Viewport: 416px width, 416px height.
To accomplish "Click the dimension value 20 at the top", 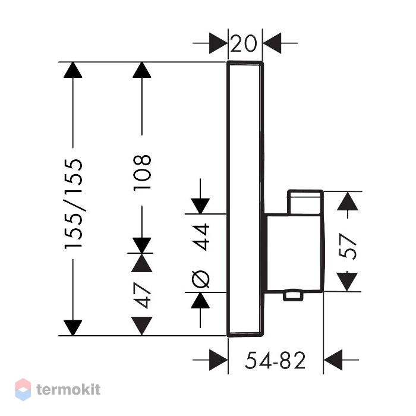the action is (244, 43).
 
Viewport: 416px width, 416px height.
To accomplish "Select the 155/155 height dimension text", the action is (73, 204).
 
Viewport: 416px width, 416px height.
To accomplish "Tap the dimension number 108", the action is (142, 173).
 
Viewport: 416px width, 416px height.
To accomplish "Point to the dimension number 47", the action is (142, 295).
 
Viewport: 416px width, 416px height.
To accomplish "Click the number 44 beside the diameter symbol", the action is (201, 237).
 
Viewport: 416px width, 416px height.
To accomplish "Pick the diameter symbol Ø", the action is (201, 279).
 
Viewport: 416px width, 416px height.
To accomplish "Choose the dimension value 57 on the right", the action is (348, 246).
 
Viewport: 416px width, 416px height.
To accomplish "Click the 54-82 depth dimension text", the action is (275, 360).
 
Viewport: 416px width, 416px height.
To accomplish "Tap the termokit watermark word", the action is (68, 390).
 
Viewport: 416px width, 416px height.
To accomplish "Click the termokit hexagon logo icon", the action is (23, 389).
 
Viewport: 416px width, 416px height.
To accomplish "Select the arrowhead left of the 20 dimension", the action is (218, 43).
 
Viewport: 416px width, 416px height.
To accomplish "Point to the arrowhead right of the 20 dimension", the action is (272, 43).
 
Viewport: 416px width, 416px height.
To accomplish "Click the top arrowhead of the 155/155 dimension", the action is (73, 70).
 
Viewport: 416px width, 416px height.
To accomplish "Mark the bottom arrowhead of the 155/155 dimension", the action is (73, 328).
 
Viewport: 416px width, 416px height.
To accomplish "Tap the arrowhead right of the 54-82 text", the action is (333, 360).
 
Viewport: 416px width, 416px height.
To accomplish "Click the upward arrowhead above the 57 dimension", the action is (348, 201).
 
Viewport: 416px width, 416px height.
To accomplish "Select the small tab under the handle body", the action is (293, 296).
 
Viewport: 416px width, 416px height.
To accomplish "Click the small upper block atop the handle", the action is (305, 202).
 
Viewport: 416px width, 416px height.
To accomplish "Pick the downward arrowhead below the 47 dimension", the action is (142, 326).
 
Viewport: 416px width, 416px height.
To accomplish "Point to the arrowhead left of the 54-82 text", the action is (218, 360).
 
